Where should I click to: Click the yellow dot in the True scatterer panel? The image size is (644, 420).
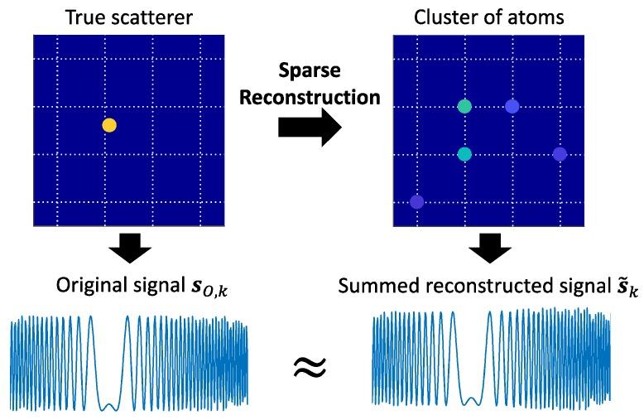(109, 126)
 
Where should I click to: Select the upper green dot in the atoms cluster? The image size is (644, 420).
(464, 107)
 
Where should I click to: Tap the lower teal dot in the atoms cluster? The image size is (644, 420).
(464, 154)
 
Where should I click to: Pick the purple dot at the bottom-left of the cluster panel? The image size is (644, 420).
(416, 201)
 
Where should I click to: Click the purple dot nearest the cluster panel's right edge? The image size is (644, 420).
(560, 154)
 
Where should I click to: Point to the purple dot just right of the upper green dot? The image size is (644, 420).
(512, 107)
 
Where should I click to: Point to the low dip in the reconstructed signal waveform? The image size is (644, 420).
(471, 401)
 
